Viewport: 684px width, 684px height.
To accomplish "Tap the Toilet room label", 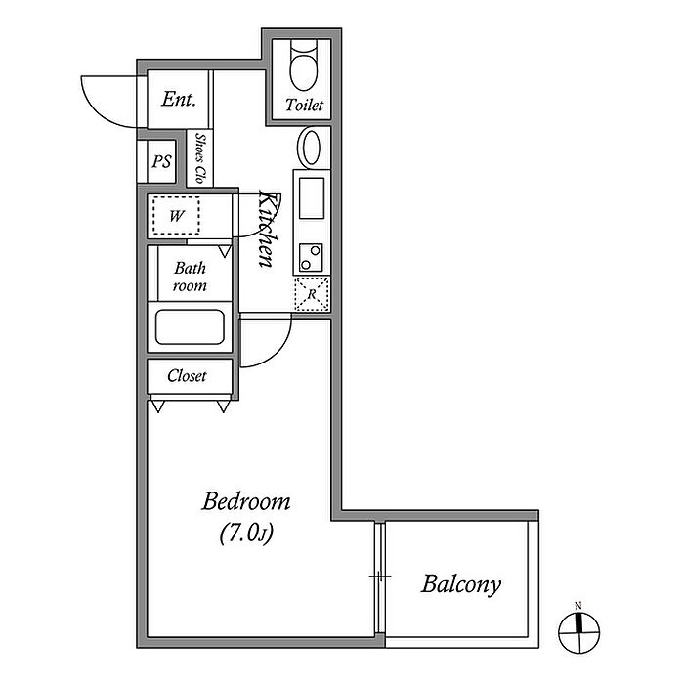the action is tap(304, 106).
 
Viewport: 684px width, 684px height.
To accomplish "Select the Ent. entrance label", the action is tap(179, 99).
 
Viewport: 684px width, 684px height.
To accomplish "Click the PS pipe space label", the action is tap(161, 162).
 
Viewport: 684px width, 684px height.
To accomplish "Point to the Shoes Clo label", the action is tap(200, 158).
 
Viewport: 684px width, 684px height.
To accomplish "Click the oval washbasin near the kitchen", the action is tap(310, 147).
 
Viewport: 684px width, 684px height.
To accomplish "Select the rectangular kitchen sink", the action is tap(312, 197).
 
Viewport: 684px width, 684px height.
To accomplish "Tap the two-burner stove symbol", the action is tap(311, 258).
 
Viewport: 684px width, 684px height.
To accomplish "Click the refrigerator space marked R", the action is tap(312, 294).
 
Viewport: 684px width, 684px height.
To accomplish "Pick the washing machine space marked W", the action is tap(176, 216).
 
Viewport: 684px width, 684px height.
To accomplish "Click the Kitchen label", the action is tap(267, 229).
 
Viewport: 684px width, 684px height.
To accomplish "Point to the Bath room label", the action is tap(190, 277).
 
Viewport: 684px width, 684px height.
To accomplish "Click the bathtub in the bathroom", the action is tap(190, 326).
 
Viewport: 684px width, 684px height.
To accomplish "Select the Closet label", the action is tap(187, 376).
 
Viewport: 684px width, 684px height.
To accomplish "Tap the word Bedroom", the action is tap(246, 501).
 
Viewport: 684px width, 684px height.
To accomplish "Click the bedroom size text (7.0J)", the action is tap(246, 534).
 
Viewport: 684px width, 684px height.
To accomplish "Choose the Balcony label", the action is tap(461, 584).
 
